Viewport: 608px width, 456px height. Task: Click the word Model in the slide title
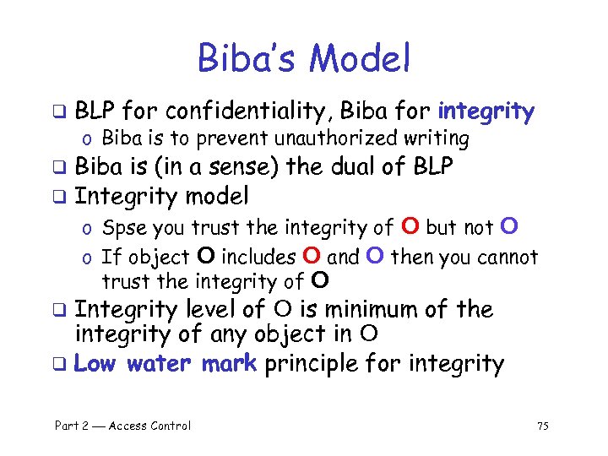360,59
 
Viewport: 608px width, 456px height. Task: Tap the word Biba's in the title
248,59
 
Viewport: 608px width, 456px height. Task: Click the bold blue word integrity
486,111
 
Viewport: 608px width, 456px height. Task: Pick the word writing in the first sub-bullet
438,138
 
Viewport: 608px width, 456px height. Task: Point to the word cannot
508,256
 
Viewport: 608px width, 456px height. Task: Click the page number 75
542,426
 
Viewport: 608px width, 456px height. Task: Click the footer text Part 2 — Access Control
122,426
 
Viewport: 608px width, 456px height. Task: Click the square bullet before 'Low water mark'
60,366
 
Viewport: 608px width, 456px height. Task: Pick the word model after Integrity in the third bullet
215,197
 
